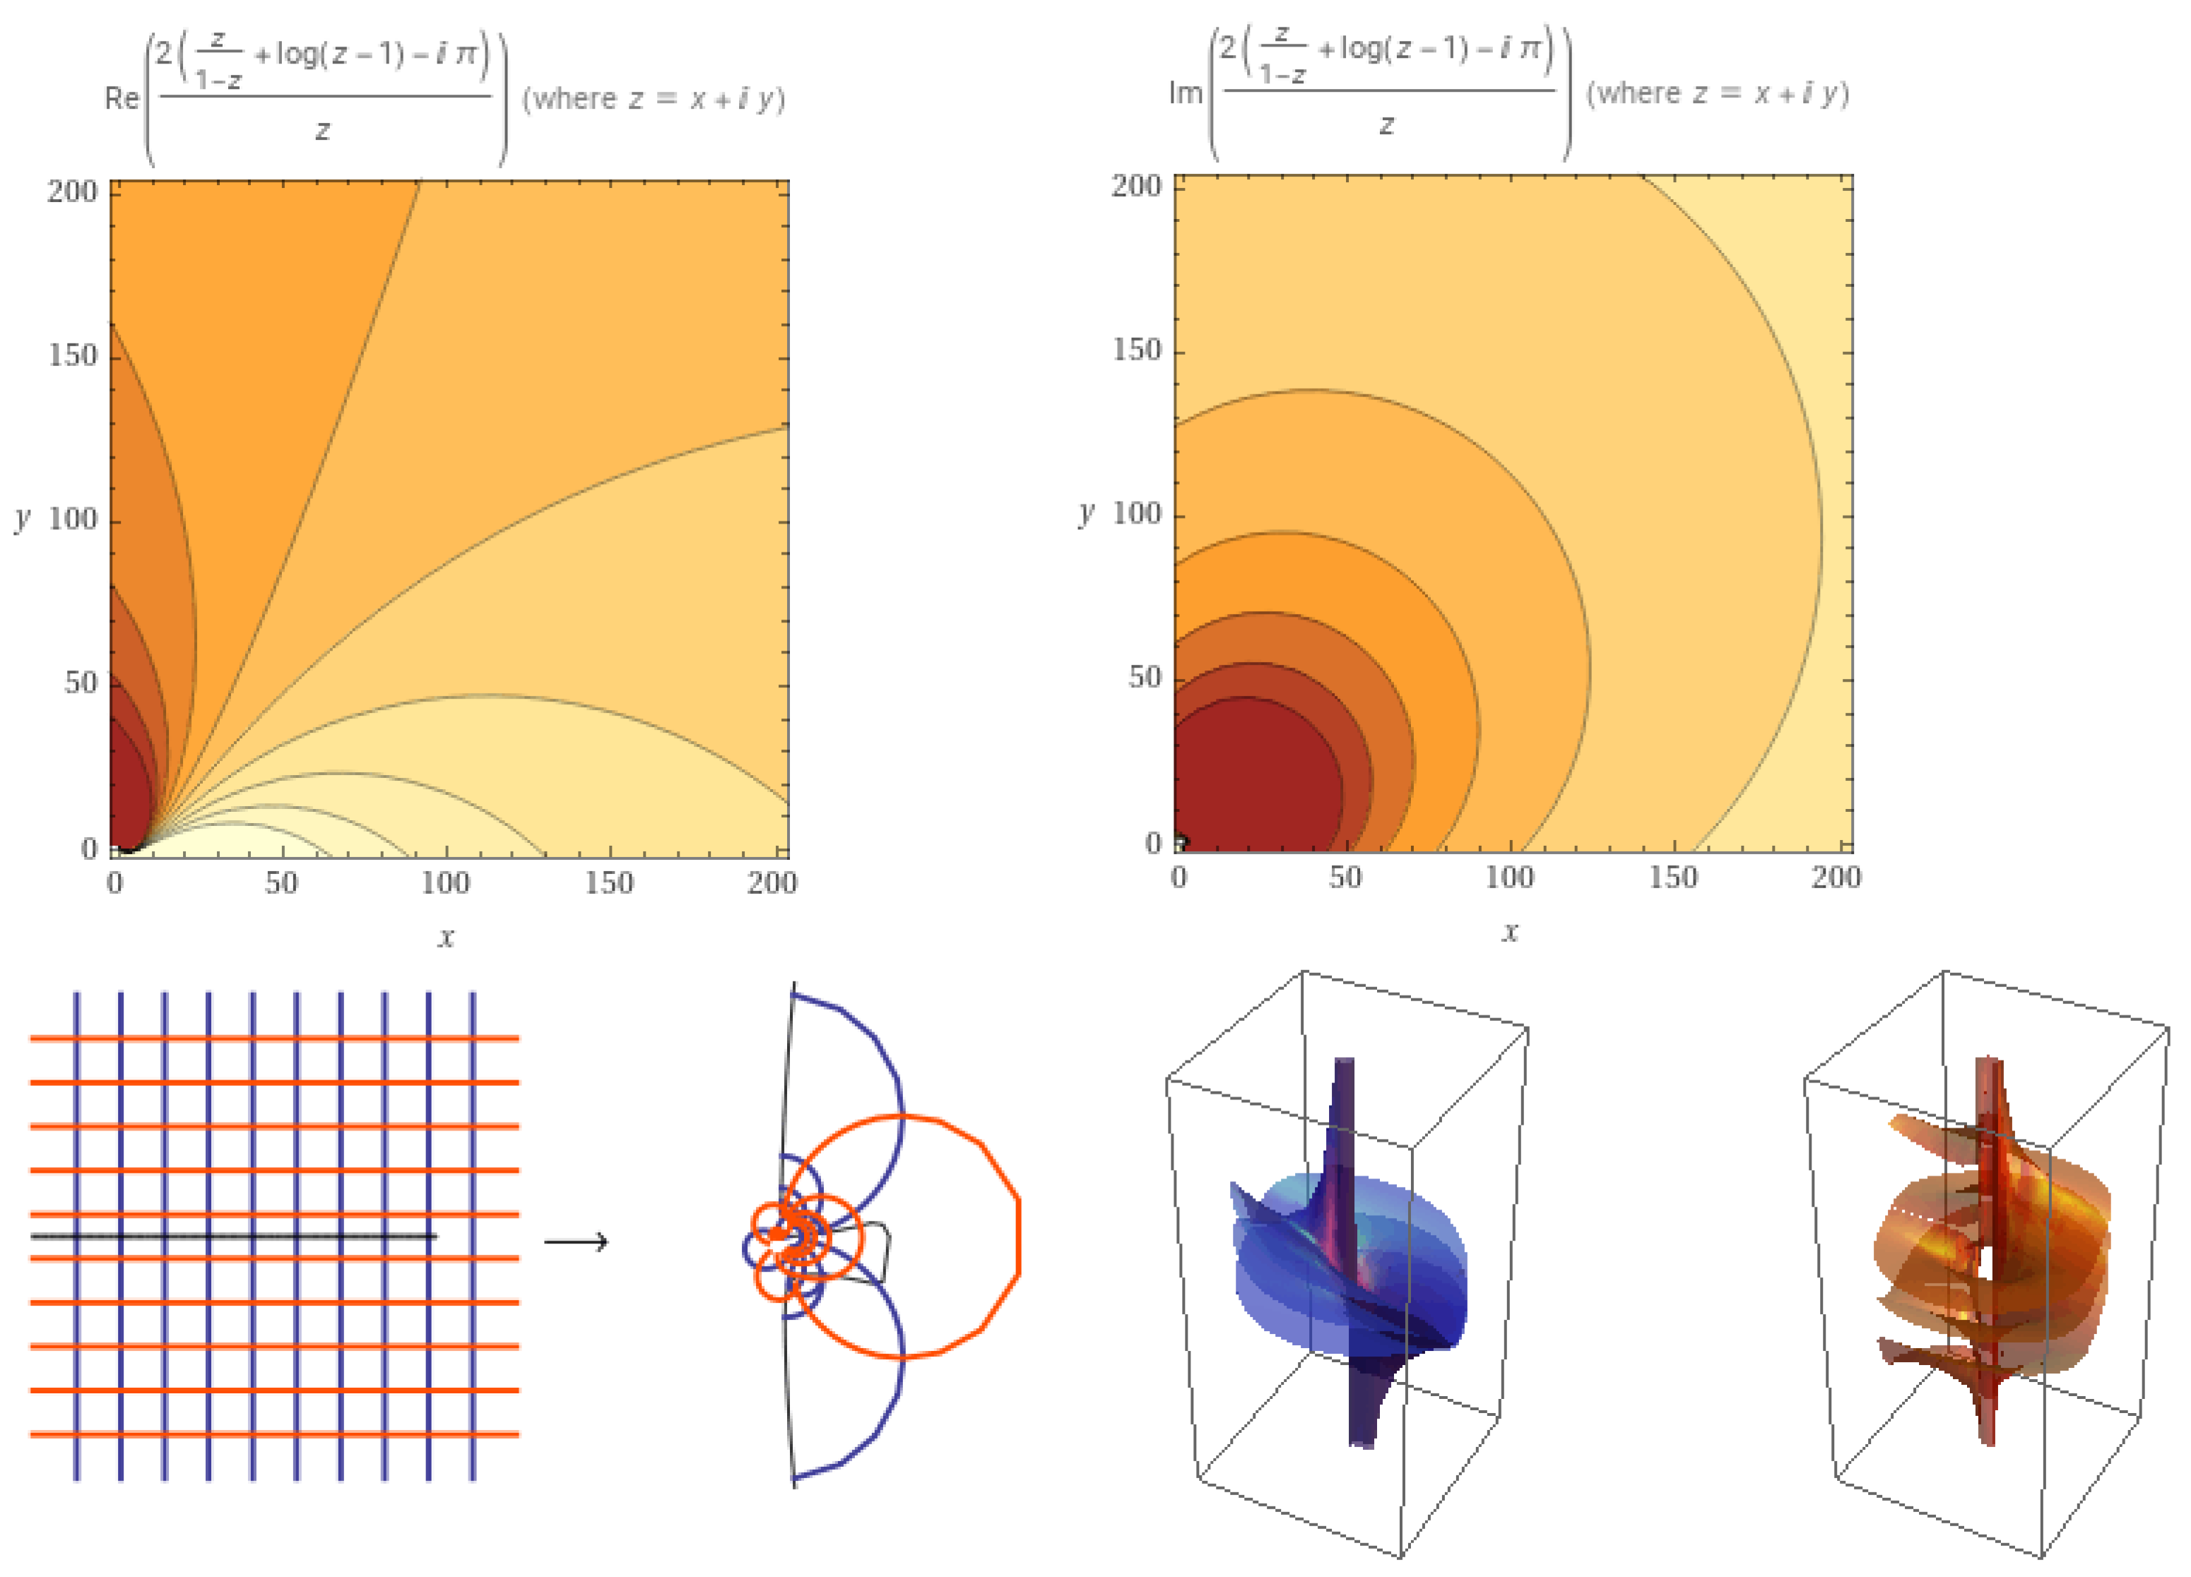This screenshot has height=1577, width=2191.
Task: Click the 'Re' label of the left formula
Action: [121, 99]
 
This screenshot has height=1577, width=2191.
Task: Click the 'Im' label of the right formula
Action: [1186, 93]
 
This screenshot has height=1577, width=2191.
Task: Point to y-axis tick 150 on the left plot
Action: [73, 355]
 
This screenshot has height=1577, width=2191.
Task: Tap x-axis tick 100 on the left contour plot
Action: [445, 882]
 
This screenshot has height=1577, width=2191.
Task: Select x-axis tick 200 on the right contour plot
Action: [1834, 878]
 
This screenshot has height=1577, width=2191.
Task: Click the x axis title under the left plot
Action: [445, 936]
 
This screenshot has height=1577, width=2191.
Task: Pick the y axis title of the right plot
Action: [1087, 513]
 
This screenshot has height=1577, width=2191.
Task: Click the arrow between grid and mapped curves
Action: [576, 1241]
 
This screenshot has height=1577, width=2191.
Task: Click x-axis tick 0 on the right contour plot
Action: [1179, 878]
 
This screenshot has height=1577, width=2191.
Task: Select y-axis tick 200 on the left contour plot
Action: [73, 191]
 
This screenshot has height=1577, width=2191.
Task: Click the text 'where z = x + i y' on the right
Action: [1718, 94]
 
